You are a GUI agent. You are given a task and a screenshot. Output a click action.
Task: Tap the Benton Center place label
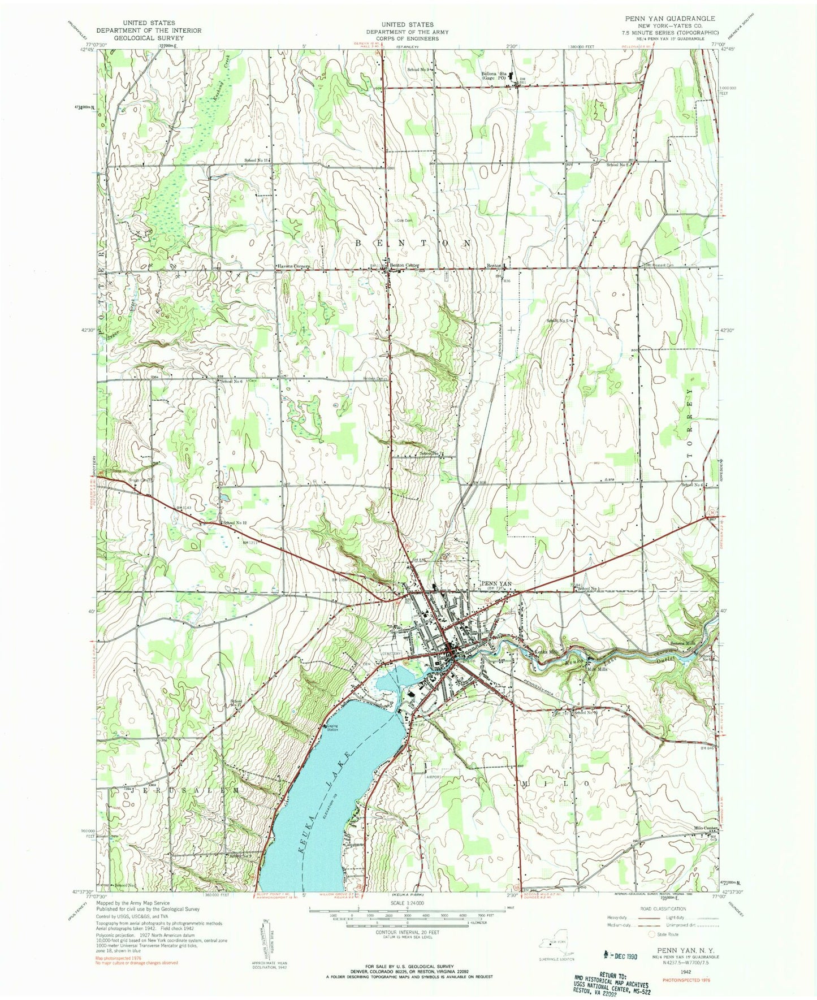pyautogui.click(x=404, y=265)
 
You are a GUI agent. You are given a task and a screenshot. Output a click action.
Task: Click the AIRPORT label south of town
pyautogui.click(x=434, y=777)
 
